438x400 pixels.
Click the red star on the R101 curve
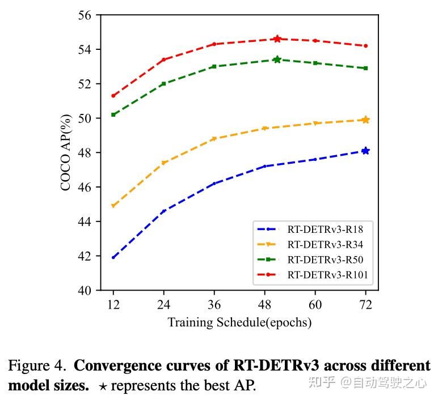click(277, 39)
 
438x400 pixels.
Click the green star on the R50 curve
click(277, 59)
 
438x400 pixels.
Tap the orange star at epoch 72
click(365, 120)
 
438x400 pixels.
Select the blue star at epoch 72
click(365, 151)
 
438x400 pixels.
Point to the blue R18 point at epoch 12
click(113, 257)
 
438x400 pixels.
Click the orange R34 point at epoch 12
click(113, 206)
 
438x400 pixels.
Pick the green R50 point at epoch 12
click(113, 114)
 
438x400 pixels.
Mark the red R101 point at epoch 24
click(164, 59)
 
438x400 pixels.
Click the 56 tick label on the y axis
click(85, 15)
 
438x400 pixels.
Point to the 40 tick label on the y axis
click(85, 290)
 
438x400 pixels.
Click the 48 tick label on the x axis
click(265, 305)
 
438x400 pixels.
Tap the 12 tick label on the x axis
click(113, 305)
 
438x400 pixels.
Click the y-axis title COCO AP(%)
click(66, 153)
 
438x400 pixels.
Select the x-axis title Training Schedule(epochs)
click(239, 322)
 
